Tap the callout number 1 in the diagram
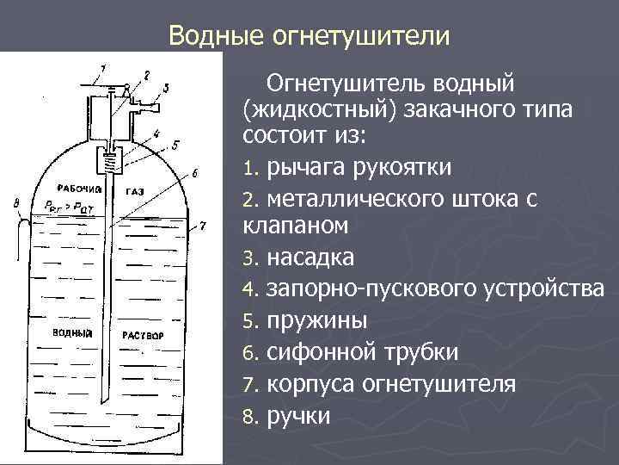click(x=102, y=66)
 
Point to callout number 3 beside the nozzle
click(x=166, y=87)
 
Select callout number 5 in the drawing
click(x=175, y=144)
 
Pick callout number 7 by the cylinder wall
click(x=203, y=226)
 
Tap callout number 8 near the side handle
click(x=16, y=202)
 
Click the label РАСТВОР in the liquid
click(x=143, y=333)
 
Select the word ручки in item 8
click(x=298, y=416)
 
